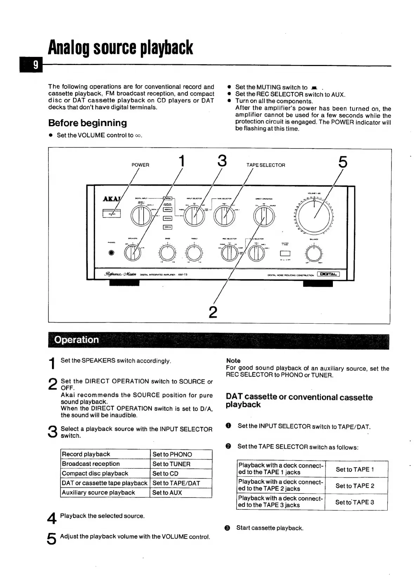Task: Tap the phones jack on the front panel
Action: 112,253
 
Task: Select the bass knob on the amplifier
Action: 167,253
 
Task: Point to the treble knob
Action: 194,253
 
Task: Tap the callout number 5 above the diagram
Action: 343,162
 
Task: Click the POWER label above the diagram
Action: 140,165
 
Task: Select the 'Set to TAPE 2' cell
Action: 355,486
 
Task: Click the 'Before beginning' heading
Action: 87,123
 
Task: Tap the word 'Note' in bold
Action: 233,361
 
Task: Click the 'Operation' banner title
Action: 77,340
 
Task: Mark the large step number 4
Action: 52,518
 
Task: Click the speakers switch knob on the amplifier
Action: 132,253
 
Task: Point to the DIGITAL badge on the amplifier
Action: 328,275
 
